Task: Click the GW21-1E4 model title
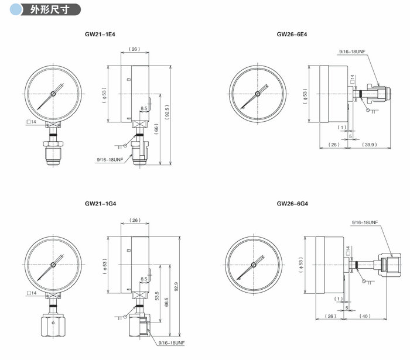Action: (100, 34)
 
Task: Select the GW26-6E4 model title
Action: (292, 34)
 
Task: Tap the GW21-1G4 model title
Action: (100, 204)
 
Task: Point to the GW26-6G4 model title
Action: (292, 204)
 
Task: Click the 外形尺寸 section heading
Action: (50, 10)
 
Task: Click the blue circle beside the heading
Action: (16, 10)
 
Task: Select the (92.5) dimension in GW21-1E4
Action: (167, 112)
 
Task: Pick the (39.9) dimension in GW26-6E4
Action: (369, 145)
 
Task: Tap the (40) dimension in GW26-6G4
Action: (365, 316)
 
